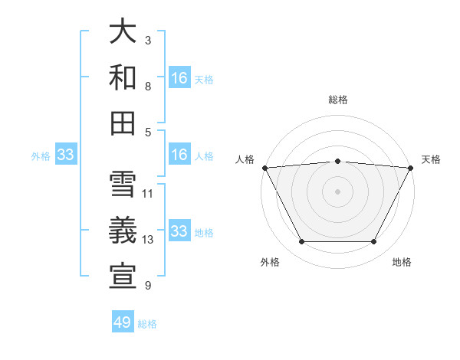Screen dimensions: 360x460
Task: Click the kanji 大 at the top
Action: [123, 33]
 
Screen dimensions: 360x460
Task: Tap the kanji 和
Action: [123, 77]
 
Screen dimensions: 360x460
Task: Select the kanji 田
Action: [123, 122]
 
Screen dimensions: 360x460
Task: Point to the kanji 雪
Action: [123, 185]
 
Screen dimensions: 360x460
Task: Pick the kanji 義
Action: [123, 230]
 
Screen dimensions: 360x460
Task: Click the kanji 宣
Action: [123, 276]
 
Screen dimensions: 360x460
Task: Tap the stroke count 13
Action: [148, 240]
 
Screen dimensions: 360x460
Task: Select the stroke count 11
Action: [148, 193]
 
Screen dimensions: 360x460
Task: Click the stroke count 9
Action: [148, 286]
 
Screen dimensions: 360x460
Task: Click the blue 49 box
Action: [123, 322]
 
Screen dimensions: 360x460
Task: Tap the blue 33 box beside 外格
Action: [65, 155]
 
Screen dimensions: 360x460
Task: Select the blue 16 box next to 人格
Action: [179, 155]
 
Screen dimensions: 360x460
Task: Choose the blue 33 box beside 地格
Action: [179, 231]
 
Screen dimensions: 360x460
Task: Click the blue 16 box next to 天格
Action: [179, 78]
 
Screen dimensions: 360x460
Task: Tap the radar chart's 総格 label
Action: [337, 100]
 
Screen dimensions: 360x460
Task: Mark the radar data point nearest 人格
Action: [264, 167]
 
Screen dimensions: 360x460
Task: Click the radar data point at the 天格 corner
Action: [411, 167]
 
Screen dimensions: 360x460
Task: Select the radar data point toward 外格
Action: [301, 242]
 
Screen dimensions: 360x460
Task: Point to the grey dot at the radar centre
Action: [337, 191]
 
